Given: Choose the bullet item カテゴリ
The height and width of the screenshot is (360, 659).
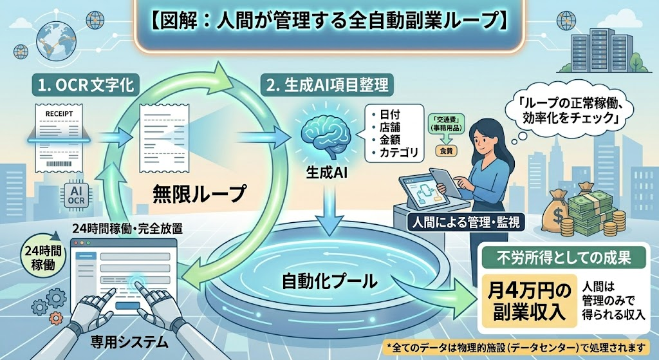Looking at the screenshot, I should tap(398, 154).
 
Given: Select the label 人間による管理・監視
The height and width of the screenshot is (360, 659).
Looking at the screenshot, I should tap(467, 222).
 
